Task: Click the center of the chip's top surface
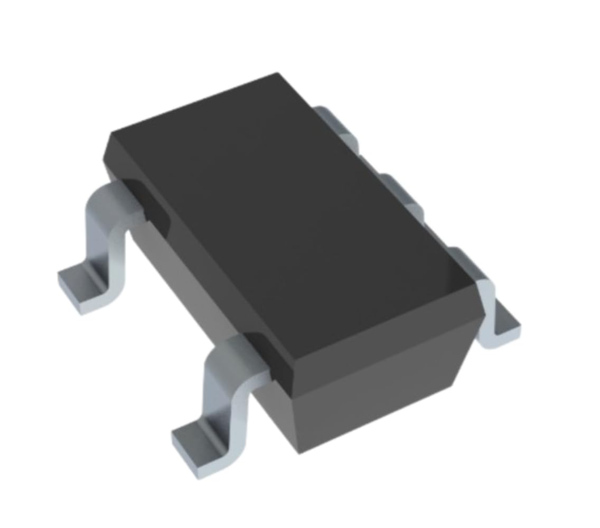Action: click(x=285, y=222)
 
